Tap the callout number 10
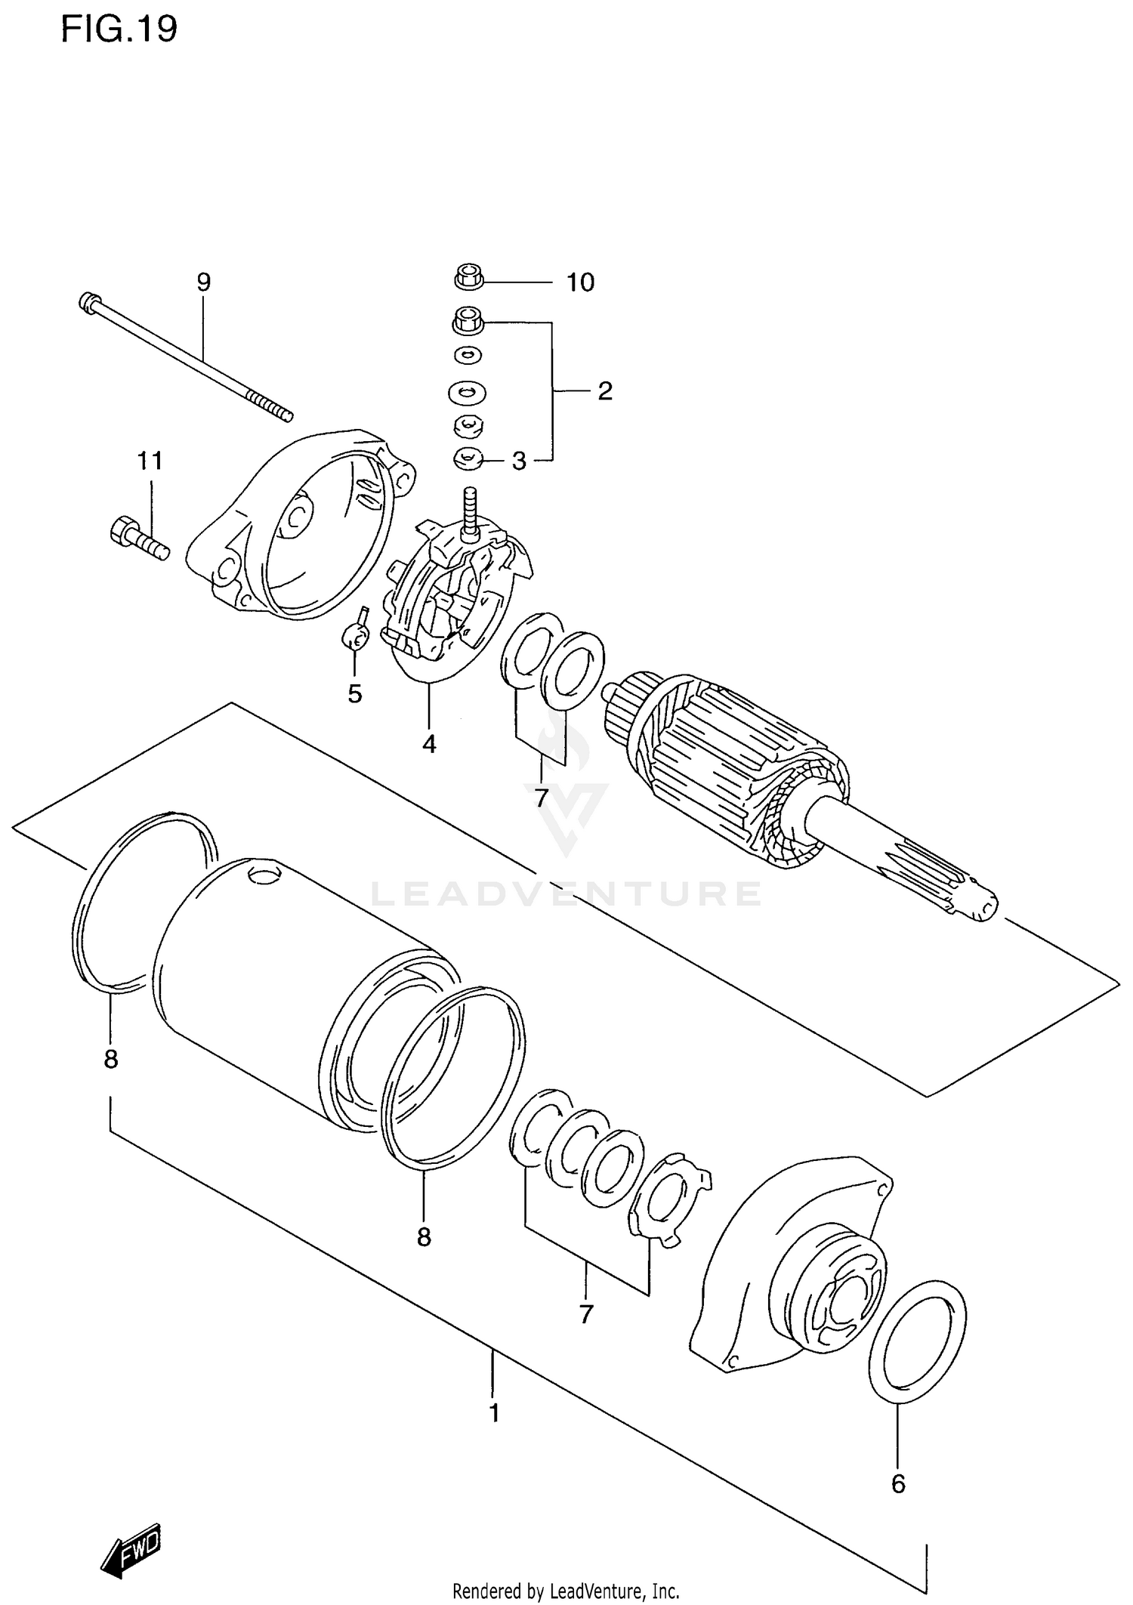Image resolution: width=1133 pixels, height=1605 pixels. tap(580, 282)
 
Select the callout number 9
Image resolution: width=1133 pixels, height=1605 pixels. tap(203, 282)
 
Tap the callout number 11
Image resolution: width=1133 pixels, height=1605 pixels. tap(150, 460)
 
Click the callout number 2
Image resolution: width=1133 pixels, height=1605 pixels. tap(604, 390)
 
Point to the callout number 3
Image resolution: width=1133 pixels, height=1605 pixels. tap(519, 461)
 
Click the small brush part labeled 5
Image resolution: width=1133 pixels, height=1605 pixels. tap(354, 636)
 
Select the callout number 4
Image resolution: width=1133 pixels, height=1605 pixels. tap(429, 744)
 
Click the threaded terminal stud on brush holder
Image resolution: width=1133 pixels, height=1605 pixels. tap(469, 510)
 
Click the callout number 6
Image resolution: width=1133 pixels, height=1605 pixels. tap(897, 1484)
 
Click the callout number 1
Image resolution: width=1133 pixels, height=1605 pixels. tap(494, 1412)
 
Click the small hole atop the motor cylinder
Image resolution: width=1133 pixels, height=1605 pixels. tap(263, 875)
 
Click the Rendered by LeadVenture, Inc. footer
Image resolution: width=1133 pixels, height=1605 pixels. tap(566, 1591)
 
